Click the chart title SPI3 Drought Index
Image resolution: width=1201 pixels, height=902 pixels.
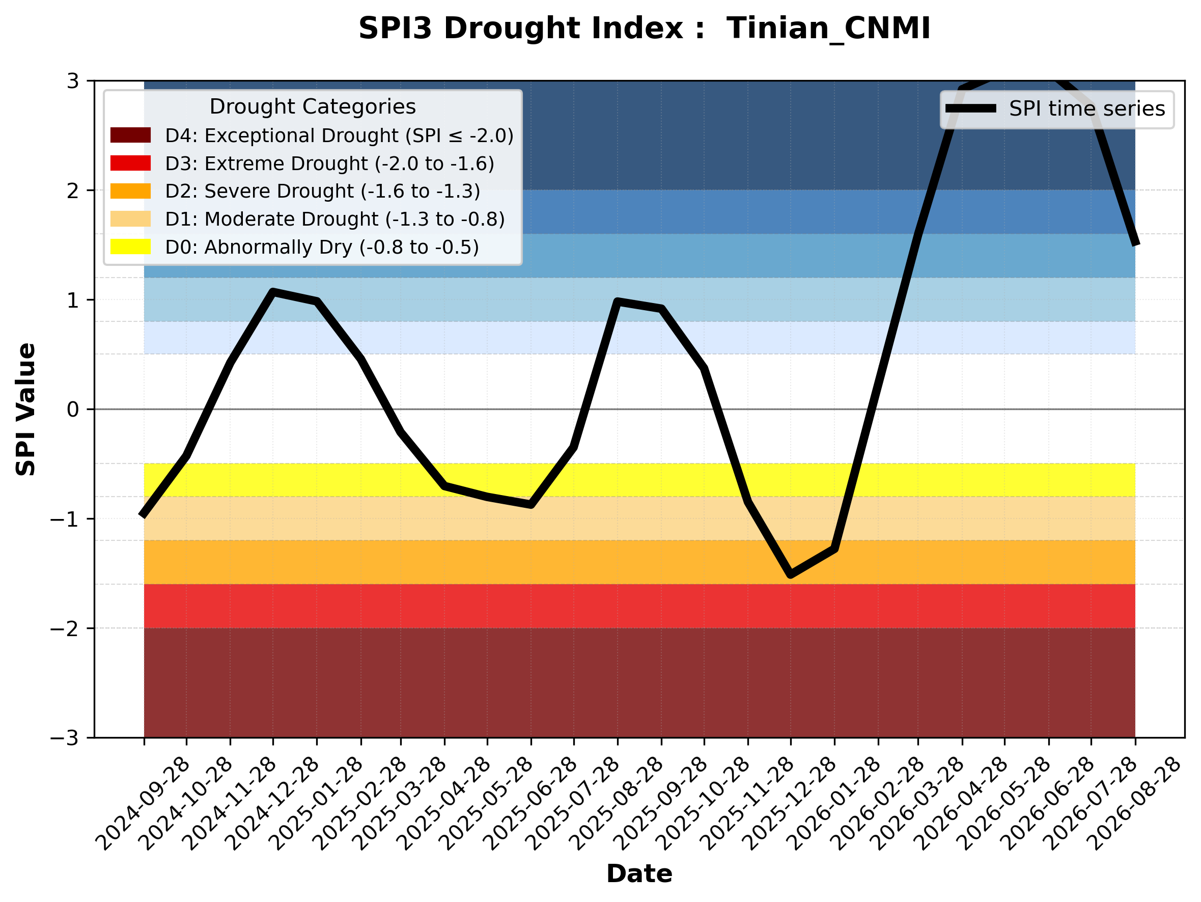click(532, 28)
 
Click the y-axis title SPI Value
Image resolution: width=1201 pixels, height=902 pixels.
click(25, 409)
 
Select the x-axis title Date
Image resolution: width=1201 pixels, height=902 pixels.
click(639, 874)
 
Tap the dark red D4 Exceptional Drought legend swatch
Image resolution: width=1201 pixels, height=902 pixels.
click(130, 135)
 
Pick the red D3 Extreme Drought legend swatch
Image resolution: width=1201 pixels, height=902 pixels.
click(130, 163)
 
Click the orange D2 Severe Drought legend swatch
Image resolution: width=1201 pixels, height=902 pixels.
click(130, 191)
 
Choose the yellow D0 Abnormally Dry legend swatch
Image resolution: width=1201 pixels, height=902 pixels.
click(130, 247)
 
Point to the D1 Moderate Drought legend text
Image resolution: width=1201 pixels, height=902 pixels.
click(335, 219)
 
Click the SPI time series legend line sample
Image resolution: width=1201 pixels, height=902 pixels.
click(971, 108)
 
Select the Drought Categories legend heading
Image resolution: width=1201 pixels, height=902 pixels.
click(313, 107)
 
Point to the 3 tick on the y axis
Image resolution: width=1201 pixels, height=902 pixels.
click(91, 80)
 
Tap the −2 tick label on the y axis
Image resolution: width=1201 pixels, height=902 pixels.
click(65, 629)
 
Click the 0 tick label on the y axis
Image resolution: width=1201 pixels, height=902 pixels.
click(73, 409)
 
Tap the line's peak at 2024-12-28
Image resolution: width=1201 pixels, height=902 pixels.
click(272, 292)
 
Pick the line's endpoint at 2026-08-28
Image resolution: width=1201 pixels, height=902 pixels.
click(1135, 244)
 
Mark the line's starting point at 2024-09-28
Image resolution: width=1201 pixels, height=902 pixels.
click(143, 515)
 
